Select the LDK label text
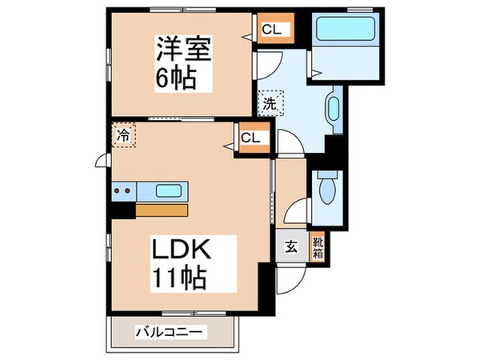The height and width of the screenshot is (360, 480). [x=182, y=250]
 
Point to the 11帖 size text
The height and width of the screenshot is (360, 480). [x=180, y=278]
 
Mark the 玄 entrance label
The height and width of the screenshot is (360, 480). [x=290, y=246]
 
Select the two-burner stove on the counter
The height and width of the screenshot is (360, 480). [x=123, y=191]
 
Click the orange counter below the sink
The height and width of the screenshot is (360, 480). [x=162, y=210]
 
